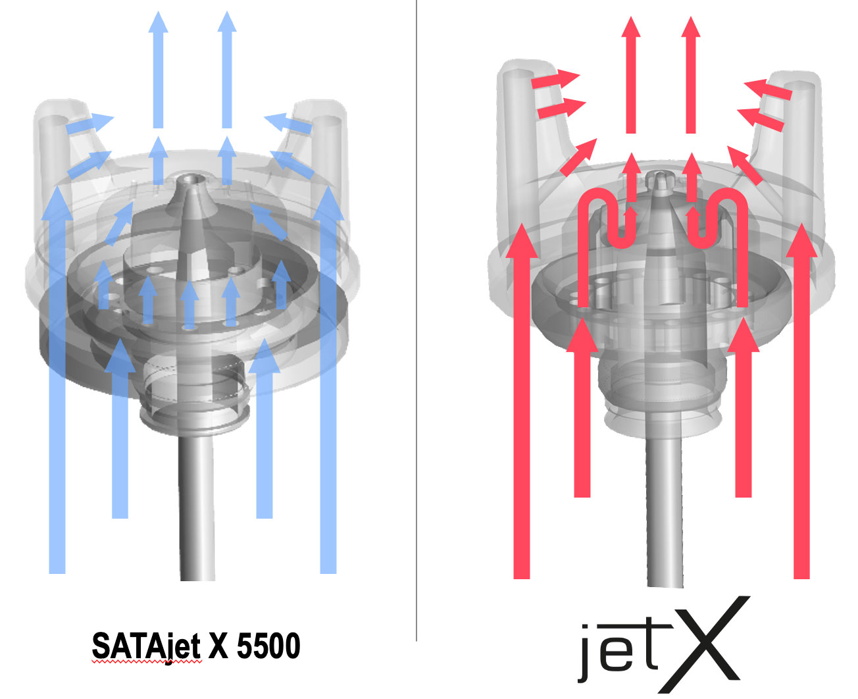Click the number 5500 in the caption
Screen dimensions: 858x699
(x=268, y=646)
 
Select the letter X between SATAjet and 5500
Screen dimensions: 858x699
(x=218, y=646)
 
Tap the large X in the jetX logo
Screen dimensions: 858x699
(x=705, y=644)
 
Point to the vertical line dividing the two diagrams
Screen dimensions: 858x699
(x=416, y=321)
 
